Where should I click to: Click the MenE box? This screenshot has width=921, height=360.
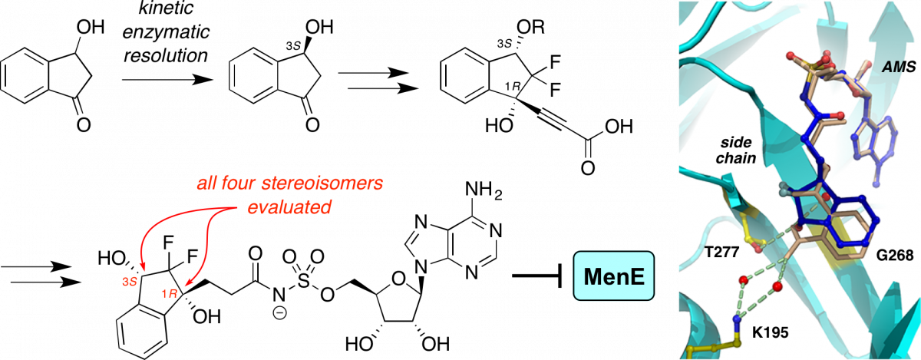(x=613, y=276)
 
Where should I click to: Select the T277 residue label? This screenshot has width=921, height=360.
(x=722, y=251)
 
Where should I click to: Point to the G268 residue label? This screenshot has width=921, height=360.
(x=895, y=256)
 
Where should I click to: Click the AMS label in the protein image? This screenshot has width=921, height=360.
(x=900, y=66)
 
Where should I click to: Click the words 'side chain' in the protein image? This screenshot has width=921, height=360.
(x=735, y=150)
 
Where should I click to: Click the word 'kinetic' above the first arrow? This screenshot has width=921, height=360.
(x=166, y=8)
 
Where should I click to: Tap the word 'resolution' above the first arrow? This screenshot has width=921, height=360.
(x=166, y=55)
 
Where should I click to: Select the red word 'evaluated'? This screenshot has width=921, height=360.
(x=289, y=207)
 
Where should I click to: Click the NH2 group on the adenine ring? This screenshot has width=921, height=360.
(x=484, y=191)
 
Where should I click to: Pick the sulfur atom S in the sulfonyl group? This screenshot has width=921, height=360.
(x=303, y=281)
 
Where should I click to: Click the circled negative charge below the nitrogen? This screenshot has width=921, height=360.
(x=280, y=313)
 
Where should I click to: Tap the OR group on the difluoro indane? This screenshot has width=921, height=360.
(x=531, y=28)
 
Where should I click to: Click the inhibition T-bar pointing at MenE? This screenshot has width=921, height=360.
(x=537, y=276)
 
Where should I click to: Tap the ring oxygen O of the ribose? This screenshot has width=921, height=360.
(x=398, y=279)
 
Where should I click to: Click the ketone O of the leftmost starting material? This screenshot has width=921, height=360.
(x=84, y=124)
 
